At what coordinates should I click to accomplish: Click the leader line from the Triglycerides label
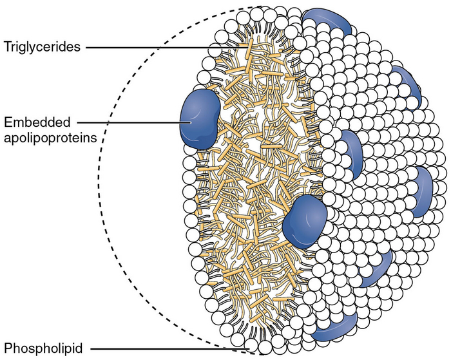click(x=161, y=47)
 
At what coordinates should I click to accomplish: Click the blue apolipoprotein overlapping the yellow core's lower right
click(x=305, y=220)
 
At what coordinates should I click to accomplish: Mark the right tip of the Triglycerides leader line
click(x=247, y=47)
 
